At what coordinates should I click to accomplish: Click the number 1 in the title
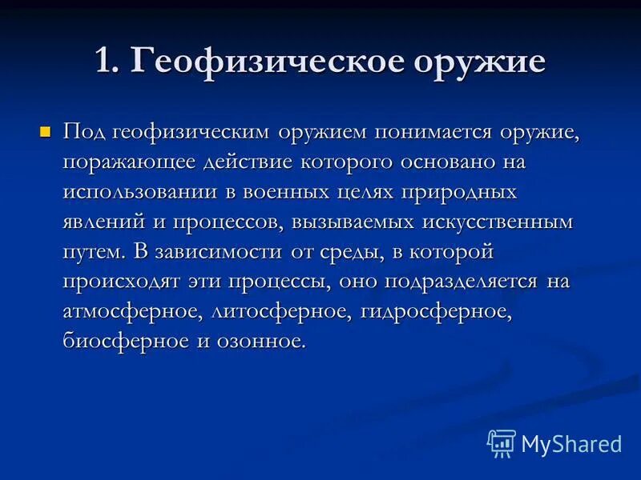(103, 62)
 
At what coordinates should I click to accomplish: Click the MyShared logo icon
(502, 443)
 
